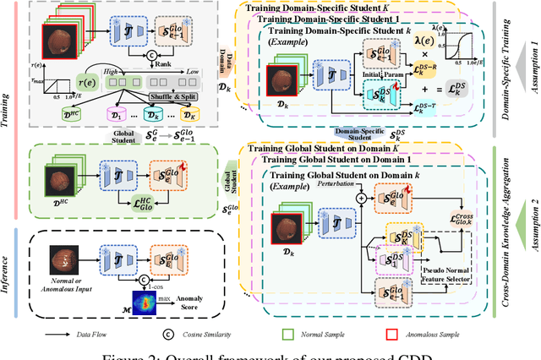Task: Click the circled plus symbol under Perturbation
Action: tap(361, 197)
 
